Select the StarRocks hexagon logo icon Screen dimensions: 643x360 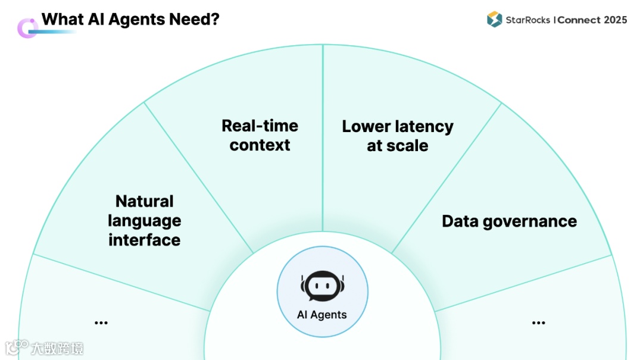point(494,20)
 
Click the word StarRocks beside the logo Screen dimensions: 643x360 point(527,20)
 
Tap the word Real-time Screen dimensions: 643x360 point(260,126)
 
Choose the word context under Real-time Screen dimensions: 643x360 point(260,145)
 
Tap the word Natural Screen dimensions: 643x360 point(145,201)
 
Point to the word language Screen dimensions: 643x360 point(145,221)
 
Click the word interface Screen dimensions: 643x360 point(145,240)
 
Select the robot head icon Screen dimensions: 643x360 point(322,286)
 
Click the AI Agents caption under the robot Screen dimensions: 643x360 point(322,315)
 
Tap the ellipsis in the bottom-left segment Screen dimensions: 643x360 point(101,323)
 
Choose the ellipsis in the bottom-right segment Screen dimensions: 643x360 point(538,323)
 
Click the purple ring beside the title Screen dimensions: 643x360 point(27,28)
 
